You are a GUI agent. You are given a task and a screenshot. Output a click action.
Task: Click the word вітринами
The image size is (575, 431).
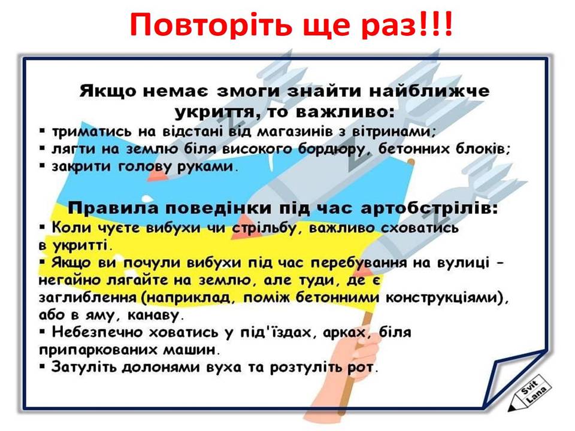coord(394,131)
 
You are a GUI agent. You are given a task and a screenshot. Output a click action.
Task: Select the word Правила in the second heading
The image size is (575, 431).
coord(114,208)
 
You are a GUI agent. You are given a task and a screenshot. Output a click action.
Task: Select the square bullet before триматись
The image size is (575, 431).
coord(43,130)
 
